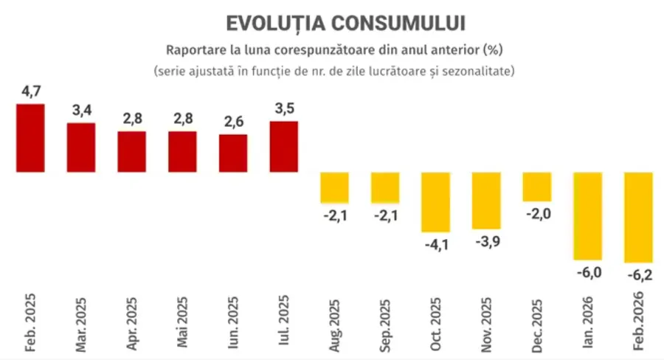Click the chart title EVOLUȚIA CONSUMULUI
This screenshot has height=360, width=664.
[336, 23]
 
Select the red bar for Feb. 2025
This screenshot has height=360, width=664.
[30, 138]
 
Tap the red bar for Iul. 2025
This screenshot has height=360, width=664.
[284, 147]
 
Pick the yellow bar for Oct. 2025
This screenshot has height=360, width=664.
[436, 202]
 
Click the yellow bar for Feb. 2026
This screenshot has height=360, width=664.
[639, 218]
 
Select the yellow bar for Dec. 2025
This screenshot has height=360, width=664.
[537, 187]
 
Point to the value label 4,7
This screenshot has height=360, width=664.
[31, 92]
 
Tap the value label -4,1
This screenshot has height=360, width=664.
[435, 244]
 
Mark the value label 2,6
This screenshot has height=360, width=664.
[233, 123]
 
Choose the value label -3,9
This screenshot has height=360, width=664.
[486, 242]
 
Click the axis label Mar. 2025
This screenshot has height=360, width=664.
[81, 324]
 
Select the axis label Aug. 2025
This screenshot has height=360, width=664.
[335, 324]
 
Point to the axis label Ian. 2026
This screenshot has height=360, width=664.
[589, 324]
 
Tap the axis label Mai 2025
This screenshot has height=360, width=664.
[182, 324]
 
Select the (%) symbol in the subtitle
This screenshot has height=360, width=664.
[491, 51]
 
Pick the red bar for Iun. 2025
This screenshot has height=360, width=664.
[233, 153]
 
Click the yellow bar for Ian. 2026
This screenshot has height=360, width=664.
[588, 216]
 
